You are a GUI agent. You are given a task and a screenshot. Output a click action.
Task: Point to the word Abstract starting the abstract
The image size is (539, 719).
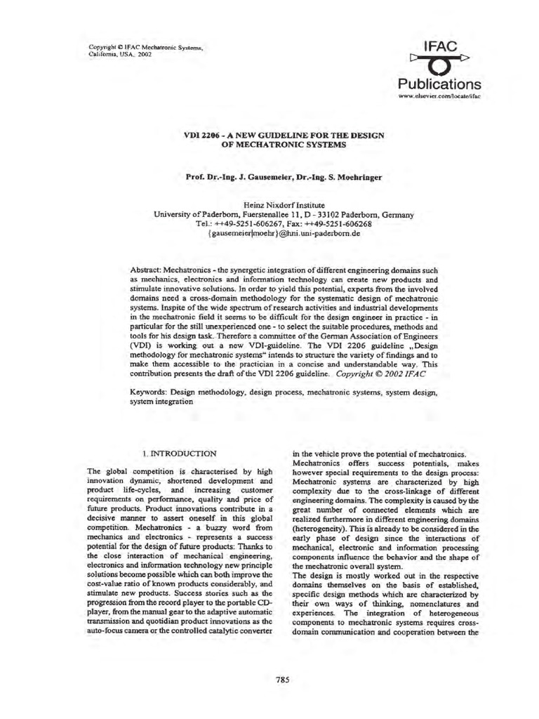pyautogui.click(x=146, y=270)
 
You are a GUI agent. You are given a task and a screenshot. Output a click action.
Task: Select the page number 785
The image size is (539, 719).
pyautogui.click(x=283, y=679)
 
